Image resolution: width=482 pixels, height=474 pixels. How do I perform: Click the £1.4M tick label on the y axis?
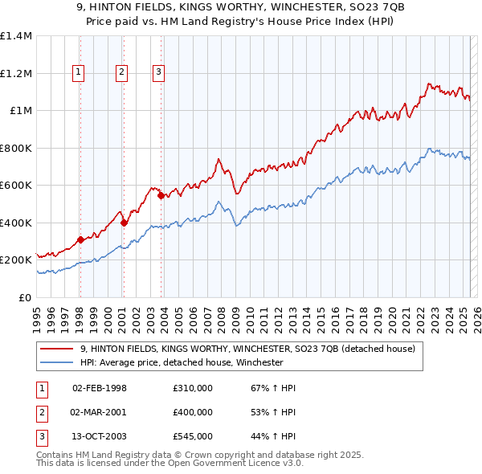(16, 36)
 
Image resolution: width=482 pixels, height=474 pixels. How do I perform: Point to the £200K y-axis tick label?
(16, 260)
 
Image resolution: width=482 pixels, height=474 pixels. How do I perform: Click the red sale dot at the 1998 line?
(80, 239)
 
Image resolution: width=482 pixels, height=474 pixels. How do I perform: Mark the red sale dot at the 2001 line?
(124, 223)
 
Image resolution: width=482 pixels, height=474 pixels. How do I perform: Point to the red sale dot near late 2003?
(161, 195)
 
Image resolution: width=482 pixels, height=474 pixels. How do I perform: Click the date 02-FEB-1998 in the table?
(100, 389)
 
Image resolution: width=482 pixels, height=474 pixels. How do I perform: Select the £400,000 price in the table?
(193, 412)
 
